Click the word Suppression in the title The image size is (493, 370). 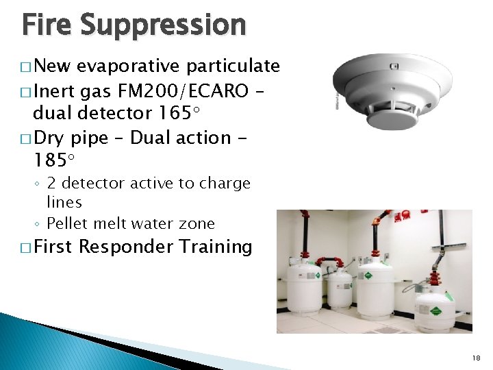pyautogui.click(x=163, y=25)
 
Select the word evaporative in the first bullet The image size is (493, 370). pyautogui.click(x=128, y=66)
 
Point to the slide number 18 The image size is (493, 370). pyautogui.click(x=477, y=358)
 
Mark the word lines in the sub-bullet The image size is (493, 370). pyautogui.click(x=64, y=203)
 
